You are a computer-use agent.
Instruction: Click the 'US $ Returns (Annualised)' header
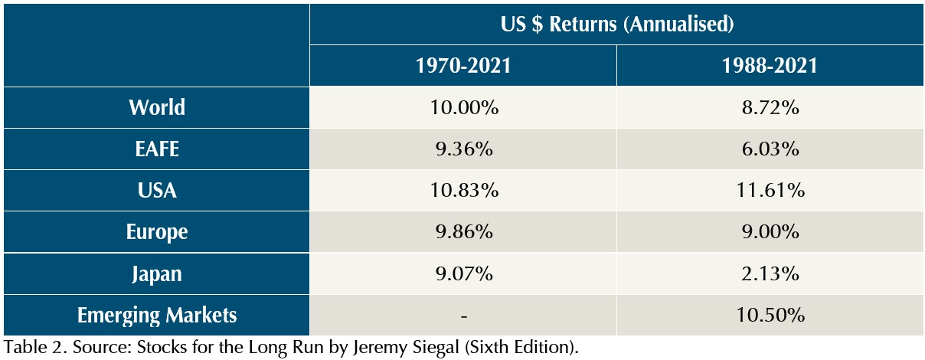pyautogui.click(x=616, y=24)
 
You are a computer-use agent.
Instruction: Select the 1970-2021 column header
pyautogui.click(x=462, y=66)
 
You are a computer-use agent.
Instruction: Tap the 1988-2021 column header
pyautogui.click(x=769, y=66)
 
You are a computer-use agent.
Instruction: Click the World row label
pyautogui.click(x=156, y=107)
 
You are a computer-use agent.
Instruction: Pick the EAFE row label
pyautogui.click(x=156, y=149)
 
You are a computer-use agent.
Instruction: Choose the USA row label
pyautogui.click(x=156, y=190)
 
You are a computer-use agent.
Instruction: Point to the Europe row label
pyautogui.click(x=156, y=231)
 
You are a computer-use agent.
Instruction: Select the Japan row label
pyautogui.click(x=156, y=273)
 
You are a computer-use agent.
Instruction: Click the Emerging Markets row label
pyautogui.click(x=156, y=314)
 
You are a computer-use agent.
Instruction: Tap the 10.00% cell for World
pyautogui.click(x=462, y=107)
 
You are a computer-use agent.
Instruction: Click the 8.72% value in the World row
pyautogui.click(x=769, y=107)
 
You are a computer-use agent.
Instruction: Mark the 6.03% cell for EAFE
pyautogui.click(x=769, y=149)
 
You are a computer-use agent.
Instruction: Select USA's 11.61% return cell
pyautogui.click(x=769, y=190)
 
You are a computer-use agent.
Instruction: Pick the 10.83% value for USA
pyautogui.click(x=462, y=190)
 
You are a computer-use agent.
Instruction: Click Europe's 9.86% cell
pyautogui.click(x=462, y=231)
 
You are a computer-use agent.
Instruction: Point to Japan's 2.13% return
pyautogui.click(x=769, y=273)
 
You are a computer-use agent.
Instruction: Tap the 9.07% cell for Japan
pyautogui.click(x=462, y=273)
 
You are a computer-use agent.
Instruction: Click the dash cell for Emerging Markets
pyautogui.click(x=462, y=315)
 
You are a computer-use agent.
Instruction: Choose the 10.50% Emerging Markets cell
pyautogui.click(x=769, y=314)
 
